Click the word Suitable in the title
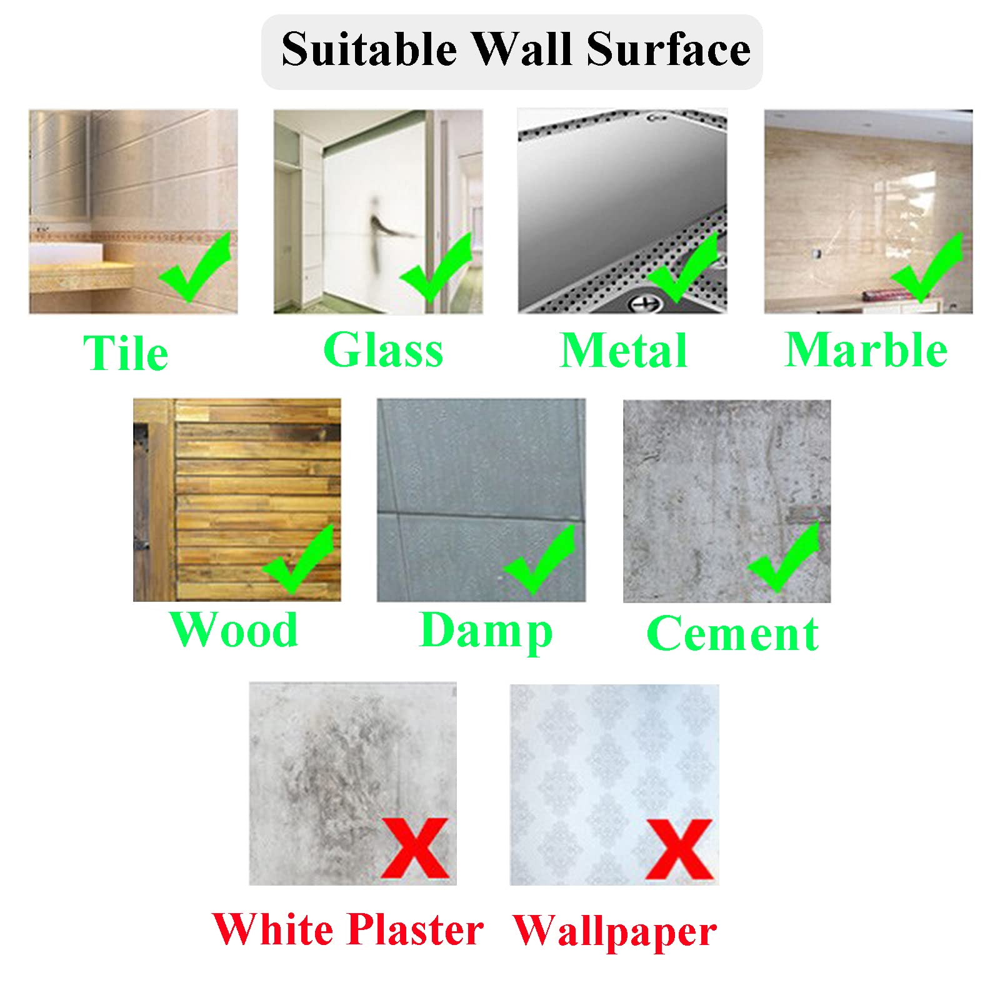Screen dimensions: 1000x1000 pos(369,49)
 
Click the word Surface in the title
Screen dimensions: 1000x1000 pos(669,49)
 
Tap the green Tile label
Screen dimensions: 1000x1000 pos(126,352)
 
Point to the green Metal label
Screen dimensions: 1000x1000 pos(624,350)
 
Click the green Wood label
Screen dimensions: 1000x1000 pos(234,629)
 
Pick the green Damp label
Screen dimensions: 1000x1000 pos(486,632)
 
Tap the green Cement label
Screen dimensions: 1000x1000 pos(732,634)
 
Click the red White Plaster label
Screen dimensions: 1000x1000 pos(347,929)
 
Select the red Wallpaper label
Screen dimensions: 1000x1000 pos(615,931)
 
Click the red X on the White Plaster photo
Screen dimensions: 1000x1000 pos(414,848)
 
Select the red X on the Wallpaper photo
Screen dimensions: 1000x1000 pos(679,849)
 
